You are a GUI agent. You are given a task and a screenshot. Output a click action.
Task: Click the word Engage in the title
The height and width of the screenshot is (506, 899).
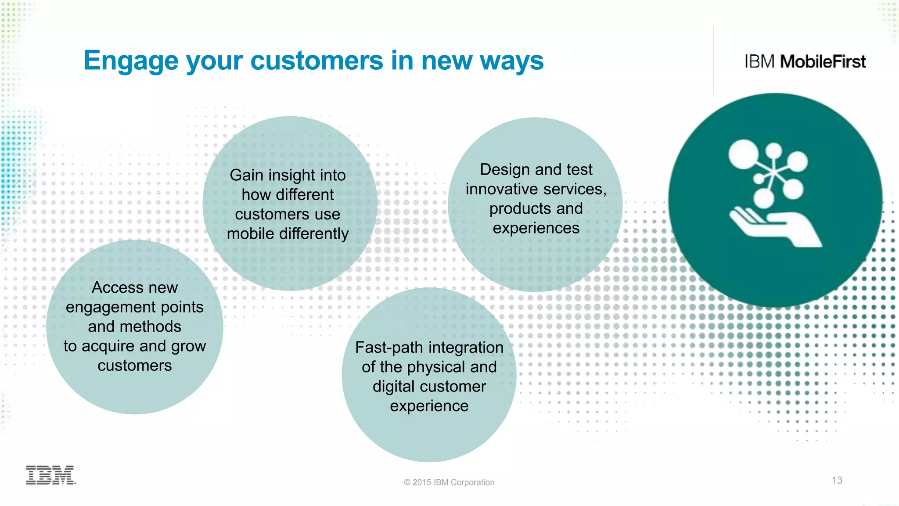click(x=131, y=61)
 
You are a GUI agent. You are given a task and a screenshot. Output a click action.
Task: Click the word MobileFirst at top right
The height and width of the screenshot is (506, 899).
click(x=823, y=62)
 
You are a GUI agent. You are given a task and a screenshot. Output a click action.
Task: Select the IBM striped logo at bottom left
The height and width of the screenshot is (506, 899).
click(x=50, y=475)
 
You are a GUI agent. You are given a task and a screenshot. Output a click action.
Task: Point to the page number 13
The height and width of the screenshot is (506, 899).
click(x=837, y=480)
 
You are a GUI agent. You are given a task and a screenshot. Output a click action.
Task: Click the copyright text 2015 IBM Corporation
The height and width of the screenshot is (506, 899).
click(x=449, y=482)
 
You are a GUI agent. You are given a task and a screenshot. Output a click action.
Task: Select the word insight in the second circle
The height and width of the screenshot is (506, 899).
click(x=291, y=175)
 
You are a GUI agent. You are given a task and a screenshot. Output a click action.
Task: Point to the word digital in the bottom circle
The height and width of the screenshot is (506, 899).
click(x=392, y=387)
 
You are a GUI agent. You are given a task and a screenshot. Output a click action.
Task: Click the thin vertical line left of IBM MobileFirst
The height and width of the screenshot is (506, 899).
click(x=714, y=61)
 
